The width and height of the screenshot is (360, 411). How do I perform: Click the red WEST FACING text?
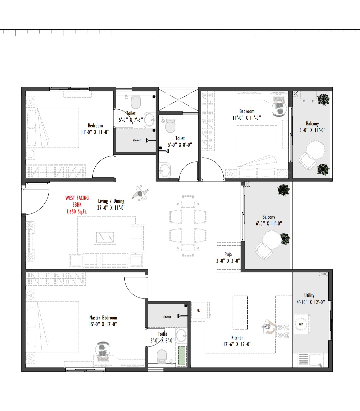[77, 198]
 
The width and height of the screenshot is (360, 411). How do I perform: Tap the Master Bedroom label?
[103, 318]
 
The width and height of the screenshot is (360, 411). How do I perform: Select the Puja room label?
[228, 254]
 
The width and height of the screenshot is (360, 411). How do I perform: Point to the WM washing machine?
[301, 324]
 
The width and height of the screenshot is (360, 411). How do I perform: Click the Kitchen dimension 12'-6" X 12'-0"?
[237, 344]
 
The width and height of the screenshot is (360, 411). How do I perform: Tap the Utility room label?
[309, 295]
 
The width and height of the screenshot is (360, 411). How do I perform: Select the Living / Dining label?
[111, 201]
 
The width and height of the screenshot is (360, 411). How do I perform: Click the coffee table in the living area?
[105, 237]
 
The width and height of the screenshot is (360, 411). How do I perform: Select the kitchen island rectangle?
[240, 312]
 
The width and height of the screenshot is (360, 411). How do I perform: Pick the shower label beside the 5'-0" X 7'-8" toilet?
[137, 140]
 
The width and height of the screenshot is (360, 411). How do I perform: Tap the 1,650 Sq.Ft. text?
[77, 211]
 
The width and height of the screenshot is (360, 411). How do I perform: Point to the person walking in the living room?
[140, 194]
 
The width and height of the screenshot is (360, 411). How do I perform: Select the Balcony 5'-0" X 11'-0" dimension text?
[312, 130]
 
